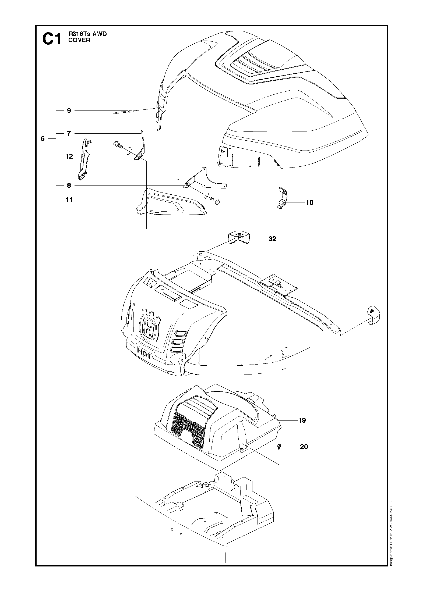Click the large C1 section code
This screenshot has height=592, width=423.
(x=52, y=40)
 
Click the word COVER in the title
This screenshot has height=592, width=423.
(x=79, y=40)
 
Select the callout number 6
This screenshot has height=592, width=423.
(x=43, y=139)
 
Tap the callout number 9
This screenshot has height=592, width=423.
(x=69, y=110)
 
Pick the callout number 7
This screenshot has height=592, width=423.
(x=69, y=133)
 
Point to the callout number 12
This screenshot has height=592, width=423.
(x=69, y=156)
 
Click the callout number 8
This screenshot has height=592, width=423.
(x=69, y=185)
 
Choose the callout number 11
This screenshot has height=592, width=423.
(x=69, y=200)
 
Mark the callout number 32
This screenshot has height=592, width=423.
(x=272, y=239)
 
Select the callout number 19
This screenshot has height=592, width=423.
(x=302, y=420)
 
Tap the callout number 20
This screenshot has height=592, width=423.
(x=304, y=447)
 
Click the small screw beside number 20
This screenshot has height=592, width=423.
(x=279, y=447)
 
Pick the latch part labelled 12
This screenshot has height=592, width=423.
(x=84, y=158)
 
